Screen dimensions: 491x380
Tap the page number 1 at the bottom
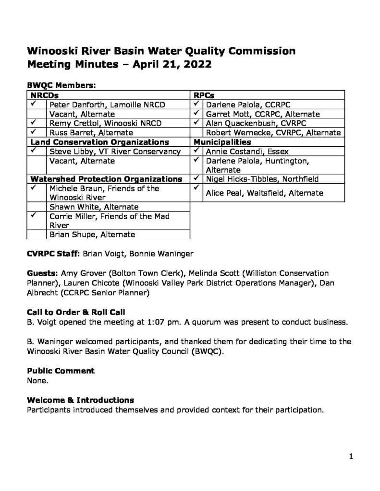pos(351,457)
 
